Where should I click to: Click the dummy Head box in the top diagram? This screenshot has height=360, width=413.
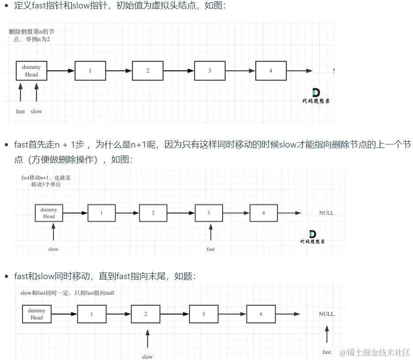click(31, 71)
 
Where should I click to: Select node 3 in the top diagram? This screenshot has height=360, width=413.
click(209, 71)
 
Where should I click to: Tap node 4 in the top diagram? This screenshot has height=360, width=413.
click(271, 71)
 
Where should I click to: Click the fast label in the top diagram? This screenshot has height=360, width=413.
click(20, 111)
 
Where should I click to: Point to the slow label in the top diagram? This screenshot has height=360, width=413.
click(36, 111)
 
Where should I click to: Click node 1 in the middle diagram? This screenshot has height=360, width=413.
click(101, 213)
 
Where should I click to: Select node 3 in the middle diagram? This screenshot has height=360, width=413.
click(208, 213)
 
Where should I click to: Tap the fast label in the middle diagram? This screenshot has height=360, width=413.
click(211, 249)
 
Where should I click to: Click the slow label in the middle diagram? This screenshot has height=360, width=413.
click(53, 249)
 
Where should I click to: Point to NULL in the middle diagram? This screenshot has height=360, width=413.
click(326, 213)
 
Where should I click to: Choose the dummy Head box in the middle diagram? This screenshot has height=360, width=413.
click(49, 213)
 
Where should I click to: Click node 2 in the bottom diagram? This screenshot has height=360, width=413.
click(145, 314)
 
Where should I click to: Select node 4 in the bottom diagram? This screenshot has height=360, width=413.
click(261, 314)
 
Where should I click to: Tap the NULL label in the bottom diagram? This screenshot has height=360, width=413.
click(326, 314)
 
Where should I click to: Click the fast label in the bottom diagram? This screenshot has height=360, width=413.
click(326, 352)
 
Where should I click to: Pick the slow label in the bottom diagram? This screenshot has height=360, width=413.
click(147, 356)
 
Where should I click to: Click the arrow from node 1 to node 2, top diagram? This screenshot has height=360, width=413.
click(119, 71)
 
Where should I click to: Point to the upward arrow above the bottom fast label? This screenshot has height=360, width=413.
click(326, 334)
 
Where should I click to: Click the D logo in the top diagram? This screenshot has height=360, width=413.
click(316, 92)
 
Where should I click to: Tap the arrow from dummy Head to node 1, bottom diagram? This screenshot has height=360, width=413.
click(64, 314)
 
